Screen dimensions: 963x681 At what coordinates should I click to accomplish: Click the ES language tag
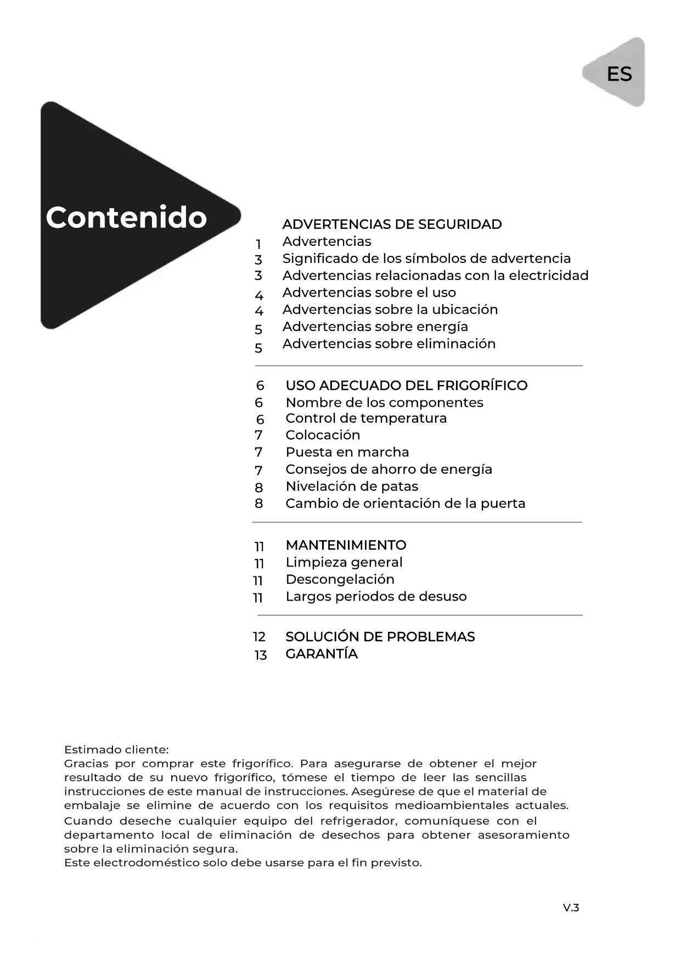[x=619, y=74]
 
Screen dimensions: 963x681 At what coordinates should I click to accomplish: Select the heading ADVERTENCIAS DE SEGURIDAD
[x=392, y=224]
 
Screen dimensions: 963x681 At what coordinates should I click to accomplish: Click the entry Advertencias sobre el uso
[x=369, y=292]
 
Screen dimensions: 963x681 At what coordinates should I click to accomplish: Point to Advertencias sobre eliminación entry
[x=389, y=343]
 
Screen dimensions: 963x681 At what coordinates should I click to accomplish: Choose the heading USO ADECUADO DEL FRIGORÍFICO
[x=406, y=385]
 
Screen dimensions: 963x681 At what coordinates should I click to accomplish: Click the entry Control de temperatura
[x=365, y=418]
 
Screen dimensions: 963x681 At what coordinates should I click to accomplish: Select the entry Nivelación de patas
[x=351, y=486]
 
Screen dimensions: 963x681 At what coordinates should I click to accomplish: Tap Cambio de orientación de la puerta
[x=405, y=503]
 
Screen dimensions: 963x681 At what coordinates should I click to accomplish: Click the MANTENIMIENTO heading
[x=346, y=545]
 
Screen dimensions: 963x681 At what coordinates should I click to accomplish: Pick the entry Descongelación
[x=340, y=579]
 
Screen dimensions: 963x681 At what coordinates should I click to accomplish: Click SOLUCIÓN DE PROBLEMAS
[x=380, y=636]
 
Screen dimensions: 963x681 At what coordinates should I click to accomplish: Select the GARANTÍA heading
[x=321, y=653]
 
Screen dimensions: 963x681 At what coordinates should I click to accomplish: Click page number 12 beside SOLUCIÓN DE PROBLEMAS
[x=259, y=637]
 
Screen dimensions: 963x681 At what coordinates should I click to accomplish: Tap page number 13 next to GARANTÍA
[x=260, y=655]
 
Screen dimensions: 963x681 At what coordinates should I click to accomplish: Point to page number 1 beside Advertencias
[x=258, y=244]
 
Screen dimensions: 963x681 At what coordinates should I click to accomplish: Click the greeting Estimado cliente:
[x=116, y=749]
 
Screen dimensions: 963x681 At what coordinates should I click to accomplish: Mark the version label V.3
[x=571, y=908]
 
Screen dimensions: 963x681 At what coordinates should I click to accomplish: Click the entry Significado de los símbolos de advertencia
[x=426, y=258]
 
